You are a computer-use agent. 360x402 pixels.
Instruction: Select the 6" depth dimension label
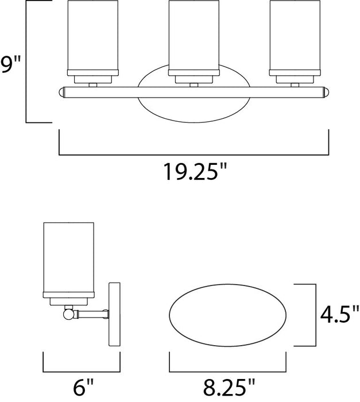[x=80, y=388]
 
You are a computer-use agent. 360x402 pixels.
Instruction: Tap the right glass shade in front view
[x=292, y=37]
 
